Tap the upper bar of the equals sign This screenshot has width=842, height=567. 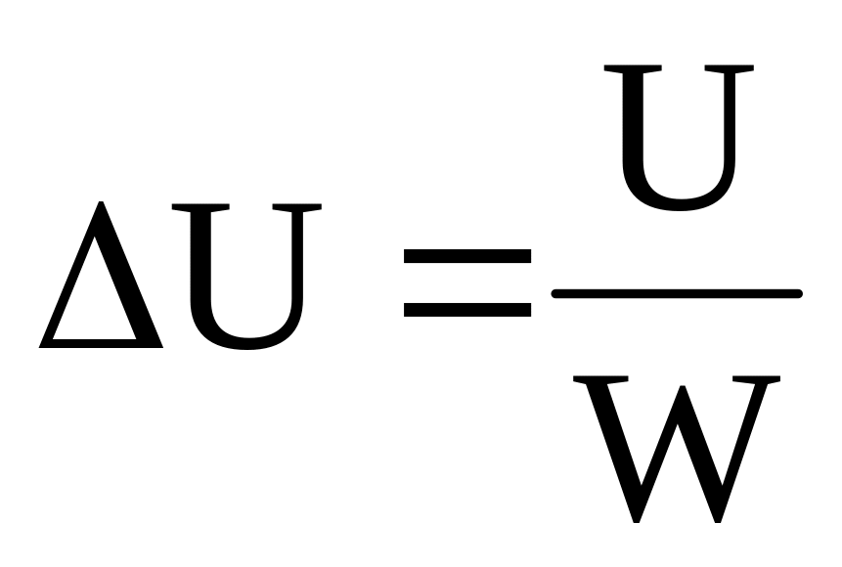[467, 257]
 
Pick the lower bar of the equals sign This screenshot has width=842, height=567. [467, 309]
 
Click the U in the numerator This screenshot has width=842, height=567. [678, 137]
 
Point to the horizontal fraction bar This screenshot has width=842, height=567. [677, 292]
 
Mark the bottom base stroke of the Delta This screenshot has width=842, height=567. [102, 343]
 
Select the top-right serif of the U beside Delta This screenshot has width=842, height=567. [295, 209]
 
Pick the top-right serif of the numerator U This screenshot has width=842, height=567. [728, 70]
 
